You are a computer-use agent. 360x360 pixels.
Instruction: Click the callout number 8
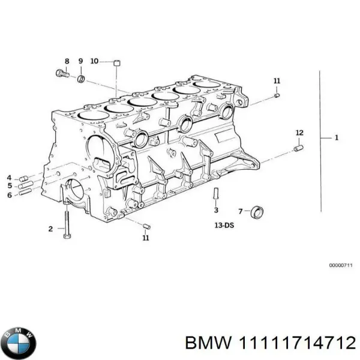coord(67,61)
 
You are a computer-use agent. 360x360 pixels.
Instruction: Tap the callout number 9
coord(81,61)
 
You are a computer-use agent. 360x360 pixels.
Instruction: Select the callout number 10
coord(95,61)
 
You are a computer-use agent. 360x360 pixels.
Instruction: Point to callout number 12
coord(299,132)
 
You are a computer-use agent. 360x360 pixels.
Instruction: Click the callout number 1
coord(337,138)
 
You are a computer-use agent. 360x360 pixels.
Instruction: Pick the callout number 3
coord(216,211)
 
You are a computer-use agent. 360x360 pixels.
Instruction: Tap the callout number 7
coord(241,211)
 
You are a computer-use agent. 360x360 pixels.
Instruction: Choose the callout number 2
coord(50,228)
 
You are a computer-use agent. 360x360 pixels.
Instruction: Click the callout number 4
coord(9,177)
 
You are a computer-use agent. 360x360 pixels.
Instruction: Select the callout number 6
coord(9,193)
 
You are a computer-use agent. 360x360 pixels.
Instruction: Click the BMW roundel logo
coord(19,343)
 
